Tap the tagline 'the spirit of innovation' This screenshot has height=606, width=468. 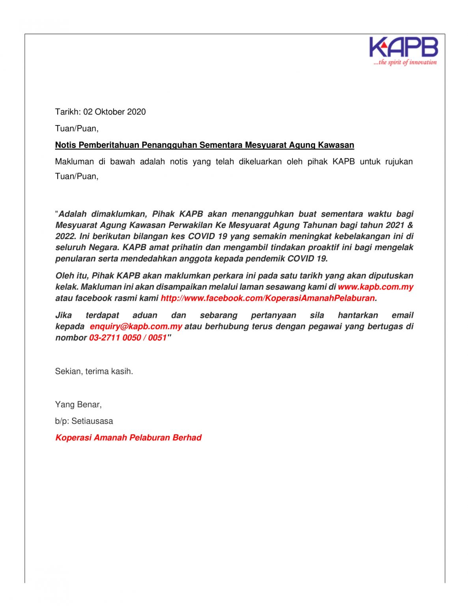406,62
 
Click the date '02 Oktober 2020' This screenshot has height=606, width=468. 114,112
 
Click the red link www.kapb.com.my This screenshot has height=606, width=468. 375,287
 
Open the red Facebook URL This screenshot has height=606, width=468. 268,298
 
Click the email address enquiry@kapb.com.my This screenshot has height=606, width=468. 136,326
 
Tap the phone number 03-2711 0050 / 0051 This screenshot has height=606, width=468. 128,337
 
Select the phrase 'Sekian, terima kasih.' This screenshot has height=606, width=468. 94,371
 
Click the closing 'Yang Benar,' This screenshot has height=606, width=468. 78,404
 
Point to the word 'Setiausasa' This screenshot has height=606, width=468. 92,421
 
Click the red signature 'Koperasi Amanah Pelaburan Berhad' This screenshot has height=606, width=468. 128,438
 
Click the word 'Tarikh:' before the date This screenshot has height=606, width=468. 68,112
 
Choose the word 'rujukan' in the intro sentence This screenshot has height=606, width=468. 399,161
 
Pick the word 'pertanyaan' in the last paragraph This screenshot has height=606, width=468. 273,315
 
